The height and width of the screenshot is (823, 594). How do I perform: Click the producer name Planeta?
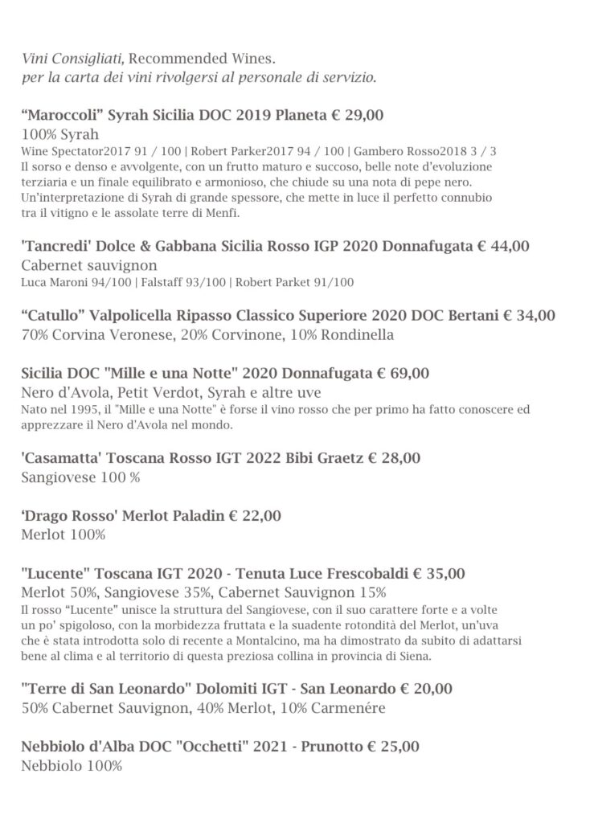pyautogui.click(x=301, y=116)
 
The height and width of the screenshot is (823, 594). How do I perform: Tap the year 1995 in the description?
pyautogui.click(x=69, y=409)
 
